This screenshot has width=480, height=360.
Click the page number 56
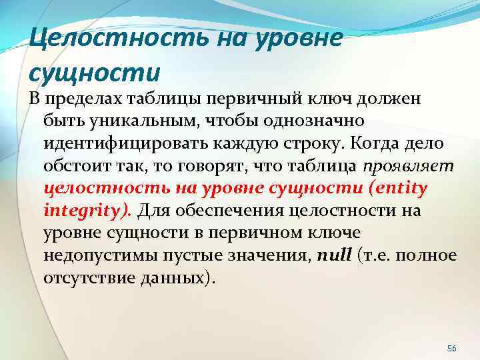[x=451, y=331]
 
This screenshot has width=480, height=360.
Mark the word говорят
[x=187, y=166]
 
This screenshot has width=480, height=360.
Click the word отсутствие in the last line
[x=85, y=277]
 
